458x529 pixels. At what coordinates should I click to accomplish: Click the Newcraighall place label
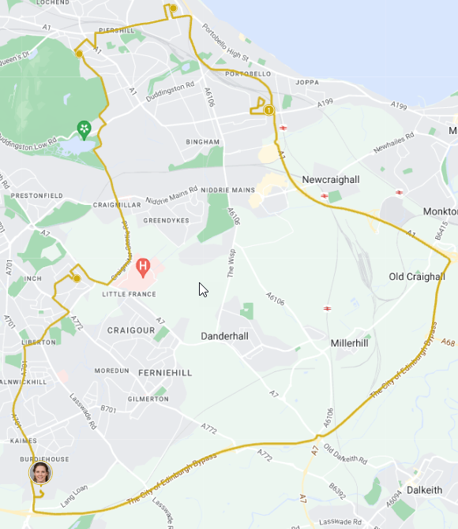point(330,180)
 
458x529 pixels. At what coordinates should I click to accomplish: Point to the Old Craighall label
point(417,277)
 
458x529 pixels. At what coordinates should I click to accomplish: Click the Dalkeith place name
point(424,490)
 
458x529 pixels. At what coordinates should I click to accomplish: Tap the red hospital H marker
point(143,266)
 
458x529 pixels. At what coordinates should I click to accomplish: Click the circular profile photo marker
point(40,473)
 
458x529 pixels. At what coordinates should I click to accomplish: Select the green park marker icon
point(84,128)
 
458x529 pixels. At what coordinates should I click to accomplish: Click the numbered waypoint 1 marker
point(269,110)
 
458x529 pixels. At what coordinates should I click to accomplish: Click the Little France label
point(129,294)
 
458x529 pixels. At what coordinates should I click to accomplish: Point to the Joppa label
point(306,82)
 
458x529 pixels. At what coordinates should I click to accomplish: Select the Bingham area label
point(202,142)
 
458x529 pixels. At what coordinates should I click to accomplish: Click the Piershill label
point(117,30)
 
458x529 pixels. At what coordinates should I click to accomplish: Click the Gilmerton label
point(148,399)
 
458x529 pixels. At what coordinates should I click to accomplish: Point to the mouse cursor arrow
point(202,289)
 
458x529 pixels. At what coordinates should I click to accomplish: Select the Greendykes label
point(163,221)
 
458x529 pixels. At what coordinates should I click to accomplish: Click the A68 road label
point(448,343)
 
